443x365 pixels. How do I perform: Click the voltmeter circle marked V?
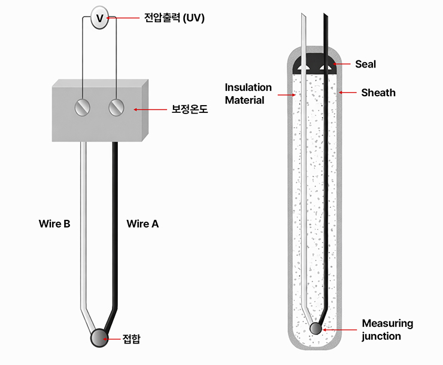click(x=100, y=19)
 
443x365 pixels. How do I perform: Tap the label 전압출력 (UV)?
click(x=174, y=18)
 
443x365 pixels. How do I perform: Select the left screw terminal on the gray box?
click(x=82, y=108)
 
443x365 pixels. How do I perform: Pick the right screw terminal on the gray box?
click(x=116, y=108)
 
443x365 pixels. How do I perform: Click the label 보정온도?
click(x=190, y=109)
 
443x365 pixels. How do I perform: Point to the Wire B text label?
click(x=55, y=224)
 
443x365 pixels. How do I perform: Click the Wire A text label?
click(x=142, y=224)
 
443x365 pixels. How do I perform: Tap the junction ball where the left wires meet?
click(x=98, y=338)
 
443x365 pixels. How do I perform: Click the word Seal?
click(x=365, y=64)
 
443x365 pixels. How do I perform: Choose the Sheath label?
click(x=378, y=93)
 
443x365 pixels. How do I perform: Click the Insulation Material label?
click(x=248, y=94)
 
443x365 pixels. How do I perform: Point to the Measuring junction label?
click(x=387, y=330)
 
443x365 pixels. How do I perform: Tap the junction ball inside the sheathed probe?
click(x=316, y=328)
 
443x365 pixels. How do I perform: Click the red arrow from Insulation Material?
click(x=286, y=94)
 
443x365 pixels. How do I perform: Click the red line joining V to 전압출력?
click(x=125, y=19)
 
